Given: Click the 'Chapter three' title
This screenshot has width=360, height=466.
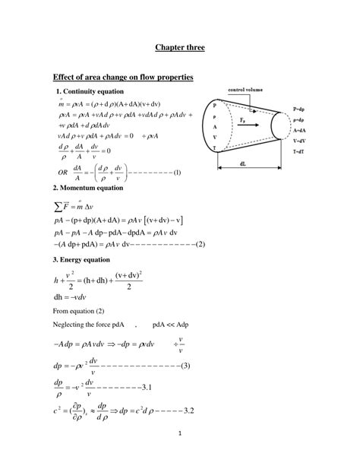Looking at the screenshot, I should (x=179, y=47).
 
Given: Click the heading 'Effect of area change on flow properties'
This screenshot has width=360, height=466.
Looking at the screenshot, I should (x=122, y=78).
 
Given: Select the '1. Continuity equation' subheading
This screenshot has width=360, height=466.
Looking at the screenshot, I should (x=86, y=92).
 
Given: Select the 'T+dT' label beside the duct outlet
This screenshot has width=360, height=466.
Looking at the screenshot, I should (x=301, y=152).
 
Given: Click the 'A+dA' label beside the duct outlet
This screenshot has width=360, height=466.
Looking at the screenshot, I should (x=301, y=130).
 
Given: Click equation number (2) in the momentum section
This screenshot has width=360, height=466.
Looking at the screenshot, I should (x=201, y=244).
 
